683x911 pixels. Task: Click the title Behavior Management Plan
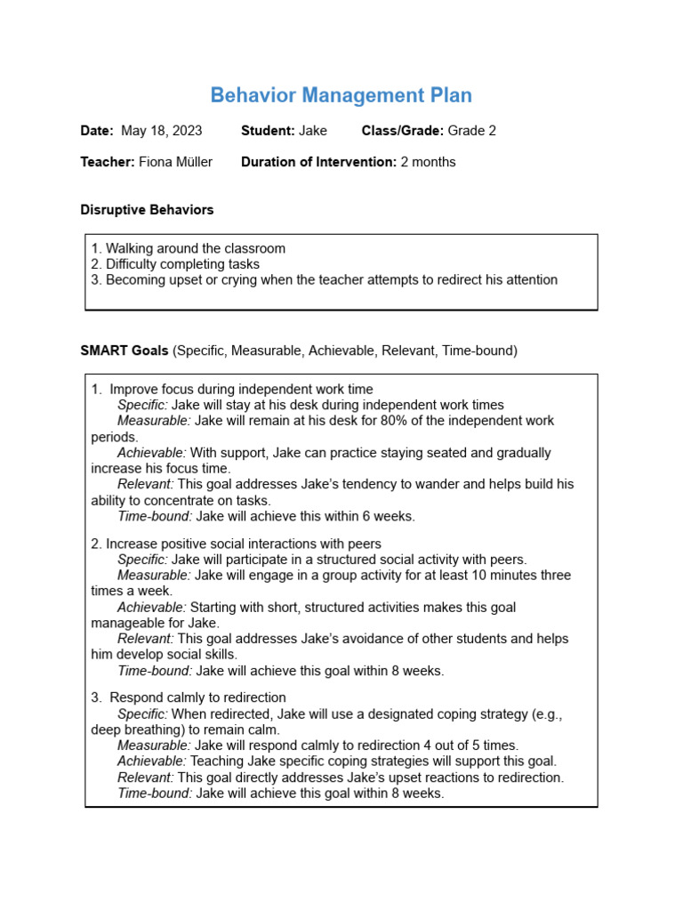point(341,95)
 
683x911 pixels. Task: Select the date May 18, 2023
point(161,131)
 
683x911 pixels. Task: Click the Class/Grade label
point(402,131)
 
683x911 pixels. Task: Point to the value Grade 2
point(471,131)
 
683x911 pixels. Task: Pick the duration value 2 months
point(428,162)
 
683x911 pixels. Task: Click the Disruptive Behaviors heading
point(147,210)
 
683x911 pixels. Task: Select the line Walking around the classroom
point(196,248)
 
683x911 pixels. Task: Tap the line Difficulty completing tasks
point(182,264)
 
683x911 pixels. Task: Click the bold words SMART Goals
point(125,351)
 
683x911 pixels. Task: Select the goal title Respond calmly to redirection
point(197,697)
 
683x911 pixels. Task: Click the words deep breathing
point(132,730)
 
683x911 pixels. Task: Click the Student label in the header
point(268,131)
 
